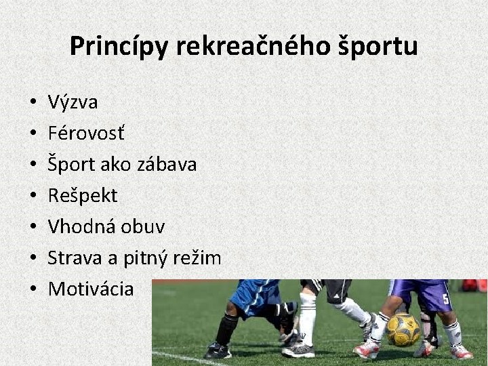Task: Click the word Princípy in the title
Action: [119, 47]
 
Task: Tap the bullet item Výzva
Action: [73, 102]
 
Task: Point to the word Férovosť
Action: [86, 134]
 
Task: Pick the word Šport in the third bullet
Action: [70, 165]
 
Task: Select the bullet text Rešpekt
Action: [83, 196]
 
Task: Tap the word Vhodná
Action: [82, 227]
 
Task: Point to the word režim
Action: [198, 258]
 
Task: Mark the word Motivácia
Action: [91, 289]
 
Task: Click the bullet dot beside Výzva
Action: [33, 103]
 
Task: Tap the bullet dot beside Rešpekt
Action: [33, 197]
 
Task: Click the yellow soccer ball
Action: [404, 329]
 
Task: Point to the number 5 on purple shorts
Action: [445, 298]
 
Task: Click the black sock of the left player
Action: [226, 329]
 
